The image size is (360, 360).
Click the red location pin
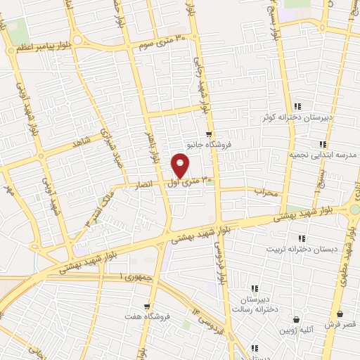pyautogui.click(x=181, y=165)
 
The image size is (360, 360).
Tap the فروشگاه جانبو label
pyautogui.click(x=208, y=147)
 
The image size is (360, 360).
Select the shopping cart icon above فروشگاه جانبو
pyautogui.click(x=208, y=134)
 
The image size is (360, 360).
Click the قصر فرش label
pyautogui.click(x=340, y=325)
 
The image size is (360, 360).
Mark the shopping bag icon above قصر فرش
pyautogui.click(x=340, y=314)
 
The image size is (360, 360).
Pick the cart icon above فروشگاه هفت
pyautogui.click(x=146, y=306)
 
